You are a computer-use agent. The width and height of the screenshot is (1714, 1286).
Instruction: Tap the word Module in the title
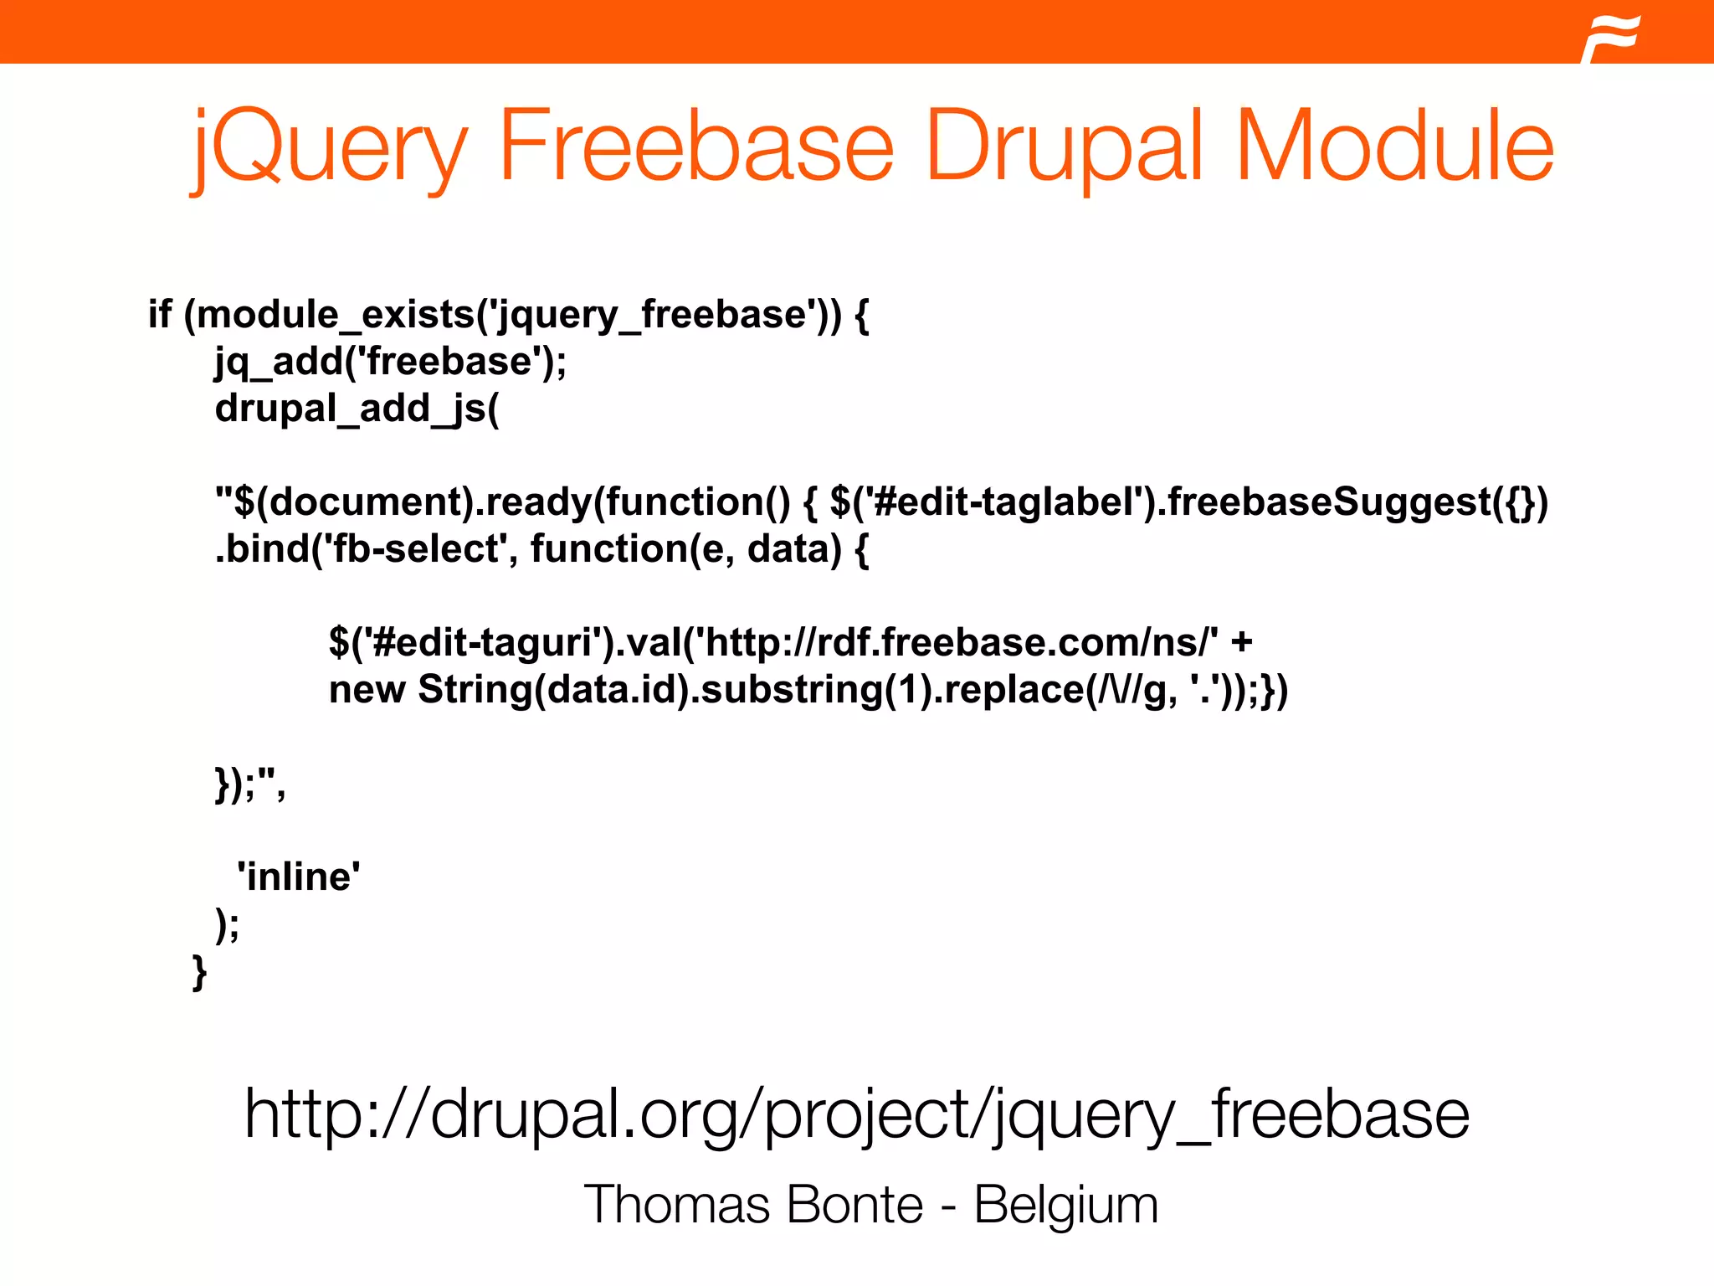coord(1393,147)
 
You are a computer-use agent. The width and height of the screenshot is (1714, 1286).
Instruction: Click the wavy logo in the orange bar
coord(1612,37)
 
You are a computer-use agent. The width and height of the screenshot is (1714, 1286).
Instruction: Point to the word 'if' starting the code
coord(159,315)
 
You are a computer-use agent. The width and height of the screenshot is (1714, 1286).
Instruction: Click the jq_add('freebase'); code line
coord(391,363)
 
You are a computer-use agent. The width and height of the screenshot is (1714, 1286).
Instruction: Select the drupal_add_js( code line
coord(357,409)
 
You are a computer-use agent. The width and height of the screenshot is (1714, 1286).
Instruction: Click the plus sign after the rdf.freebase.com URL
coord(1241,643)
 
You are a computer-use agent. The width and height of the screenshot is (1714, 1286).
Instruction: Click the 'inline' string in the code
coord(299,877)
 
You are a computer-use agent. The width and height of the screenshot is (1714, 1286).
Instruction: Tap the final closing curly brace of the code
coord(199,971)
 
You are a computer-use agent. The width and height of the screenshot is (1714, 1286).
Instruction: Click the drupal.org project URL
coord(856,1114)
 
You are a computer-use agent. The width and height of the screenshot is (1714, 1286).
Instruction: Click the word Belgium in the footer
coord(1066,1206)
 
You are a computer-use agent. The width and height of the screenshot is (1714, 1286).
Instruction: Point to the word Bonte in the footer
coord(854,1205)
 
